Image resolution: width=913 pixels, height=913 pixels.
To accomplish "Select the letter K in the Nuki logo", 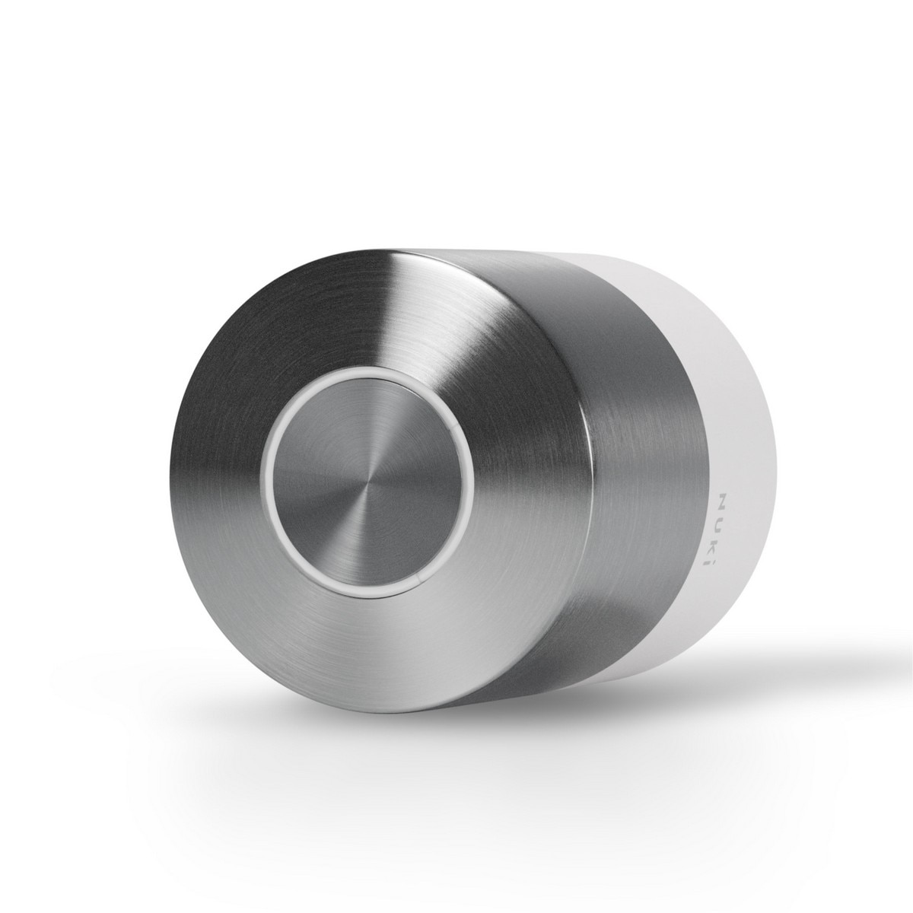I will [x=723, y=542].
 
